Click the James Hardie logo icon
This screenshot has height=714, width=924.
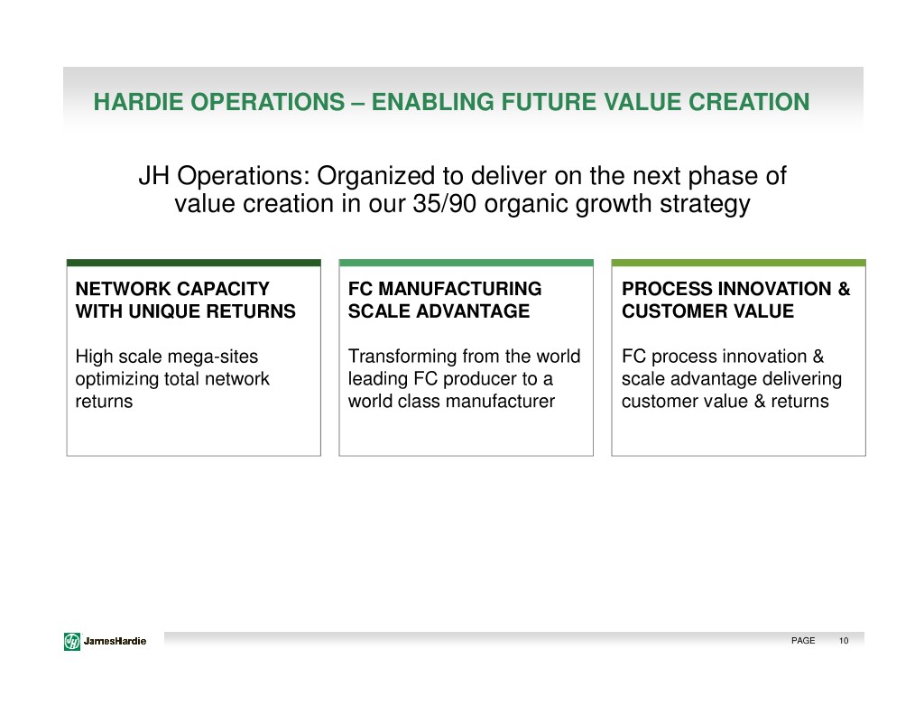(x=72, y=641)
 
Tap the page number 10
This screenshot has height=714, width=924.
(x=844, y=641)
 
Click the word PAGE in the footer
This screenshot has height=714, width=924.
(x=802, y=641)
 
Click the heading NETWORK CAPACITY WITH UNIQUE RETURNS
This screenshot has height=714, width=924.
(x=186, y=300)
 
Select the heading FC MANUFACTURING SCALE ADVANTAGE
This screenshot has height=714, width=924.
(x=445, y=300)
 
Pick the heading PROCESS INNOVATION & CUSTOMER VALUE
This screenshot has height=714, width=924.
(x=736, y=300)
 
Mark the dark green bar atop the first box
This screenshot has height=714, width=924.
(x=194, y=263)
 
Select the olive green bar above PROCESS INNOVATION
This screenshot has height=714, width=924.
(x=738, y=263)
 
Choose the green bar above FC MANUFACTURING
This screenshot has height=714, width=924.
(x=467, y=263)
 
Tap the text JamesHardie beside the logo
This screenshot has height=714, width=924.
(x=115, y=641)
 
